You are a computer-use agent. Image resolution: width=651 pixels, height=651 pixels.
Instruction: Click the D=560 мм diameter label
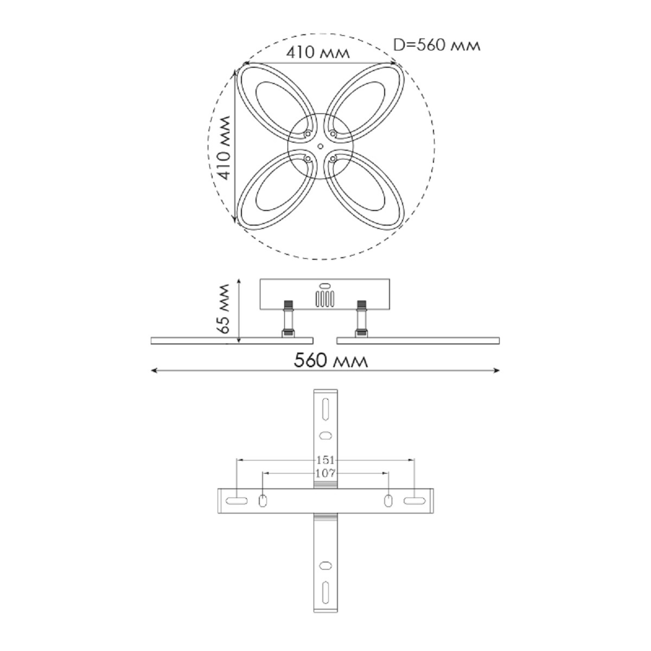[437, 45]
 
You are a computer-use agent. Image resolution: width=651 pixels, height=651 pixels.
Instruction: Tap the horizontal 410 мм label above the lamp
[317, 53]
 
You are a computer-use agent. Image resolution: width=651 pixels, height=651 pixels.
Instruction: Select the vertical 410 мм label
[224, 148]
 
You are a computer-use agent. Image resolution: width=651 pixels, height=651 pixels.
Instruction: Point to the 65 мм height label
[223, 309]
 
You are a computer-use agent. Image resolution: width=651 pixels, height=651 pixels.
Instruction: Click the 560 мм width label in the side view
[330, 360]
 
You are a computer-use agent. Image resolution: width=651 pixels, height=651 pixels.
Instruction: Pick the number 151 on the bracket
[325, 460]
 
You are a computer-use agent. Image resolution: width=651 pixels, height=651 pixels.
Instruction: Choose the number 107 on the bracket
[325, 473]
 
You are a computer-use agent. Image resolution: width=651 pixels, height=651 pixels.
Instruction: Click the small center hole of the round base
[320, 146]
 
